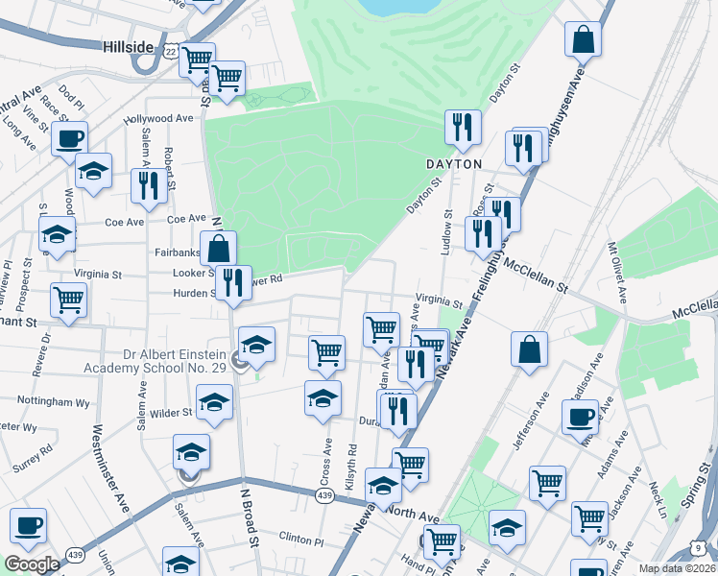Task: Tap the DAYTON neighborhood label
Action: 453,164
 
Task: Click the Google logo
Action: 32,564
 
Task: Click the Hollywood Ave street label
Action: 158,118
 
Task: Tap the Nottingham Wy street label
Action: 59,403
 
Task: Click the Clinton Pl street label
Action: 303,537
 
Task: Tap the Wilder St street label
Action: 173,413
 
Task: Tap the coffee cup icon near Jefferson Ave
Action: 580,417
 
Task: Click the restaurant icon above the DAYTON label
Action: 463,128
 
